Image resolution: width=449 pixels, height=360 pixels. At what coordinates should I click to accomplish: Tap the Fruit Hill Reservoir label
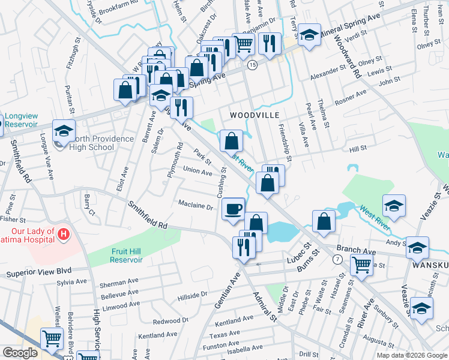pos(126,256)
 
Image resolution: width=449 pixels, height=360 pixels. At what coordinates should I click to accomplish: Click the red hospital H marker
pos(64,232)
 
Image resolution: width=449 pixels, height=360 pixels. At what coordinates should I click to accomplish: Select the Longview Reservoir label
pos(22,120)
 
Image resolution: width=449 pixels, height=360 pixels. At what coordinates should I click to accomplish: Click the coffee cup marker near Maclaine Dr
pos(234,209)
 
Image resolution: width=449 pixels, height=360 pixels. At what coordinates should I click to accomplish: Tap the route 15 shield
pos(253,64)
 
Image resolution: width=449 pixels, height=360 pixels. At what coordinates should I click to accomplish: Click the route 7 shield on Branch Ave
pos(339,259)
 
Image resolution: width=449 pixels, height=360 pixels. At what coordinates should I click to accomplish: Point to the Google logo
pos(19,353)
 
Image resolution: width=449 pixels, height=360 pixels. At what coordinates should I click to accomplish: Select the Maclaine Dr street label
pos(196,206)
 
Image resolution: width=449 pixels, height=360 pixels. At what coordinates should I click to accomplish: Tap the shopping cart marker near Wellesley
pos(52,338)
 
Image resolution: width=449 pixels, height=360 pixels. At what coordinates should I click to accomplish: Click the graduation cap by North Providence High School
pos(64,131)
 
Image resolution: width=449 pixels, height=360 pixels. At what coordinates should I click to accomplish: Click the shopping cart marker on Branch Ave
pos(362,264)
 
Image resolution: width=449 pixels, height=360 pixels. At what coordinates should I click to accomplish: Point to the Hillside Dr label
pos(192,295)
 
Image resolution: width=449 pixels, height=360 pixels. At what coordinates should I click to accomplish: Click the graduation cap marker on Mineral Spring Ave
pos(309,35)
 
